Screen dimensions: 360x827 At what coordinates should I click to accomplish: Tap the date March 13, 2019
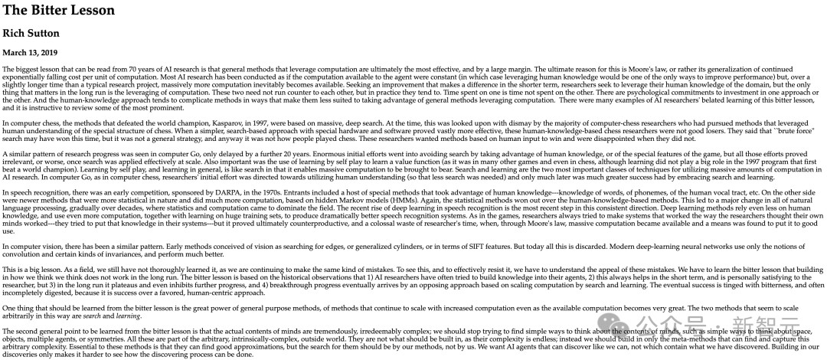coord(30,53)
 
